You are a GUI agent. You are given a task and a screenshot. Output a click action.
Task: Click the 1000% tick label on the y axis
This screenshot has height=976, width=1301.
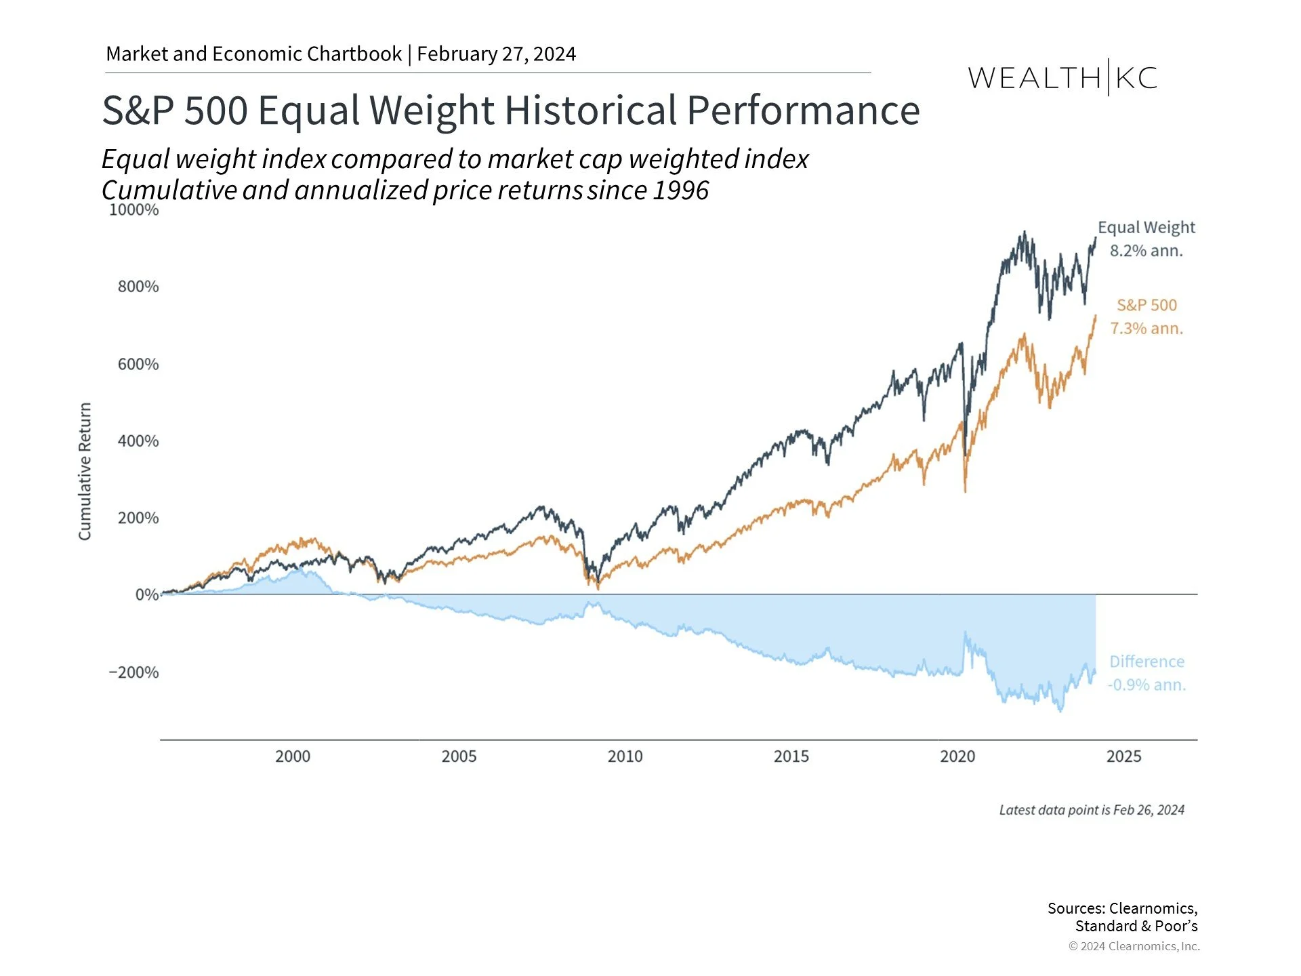pyautogui.click(x=133, y=210)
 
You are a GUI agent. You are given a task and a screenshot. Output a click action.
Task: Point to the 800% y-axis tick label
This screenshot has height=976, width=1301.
pyautogui.click(x=138, y=287)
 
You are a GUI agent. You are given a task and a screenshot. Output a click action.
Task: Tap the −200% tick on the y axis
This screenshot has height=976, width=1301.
pyautogui.click(x=133, y=672)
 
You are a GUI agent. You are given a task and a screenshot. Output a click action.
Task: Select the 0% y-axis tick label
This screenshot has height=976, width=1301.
pyautogui.click(x=146, y=595)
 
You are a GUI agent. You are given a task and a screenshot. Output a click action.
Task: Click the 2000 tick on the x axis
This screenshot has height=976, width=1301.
pyautogui.click(x=293, y=756)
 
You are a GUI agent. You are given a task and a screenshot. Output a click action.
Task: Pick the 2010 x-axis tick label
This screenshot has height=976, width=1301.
pyautogui.click(x=625, y=756)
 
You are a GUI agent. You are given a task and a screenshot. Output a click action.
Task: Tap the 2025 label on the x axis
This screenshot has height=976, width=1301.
pyautogui.click(x=1123, y=756)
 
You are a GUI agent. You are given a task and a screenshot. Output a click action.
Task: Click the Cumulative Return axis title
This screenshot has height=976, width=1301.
pyautogui.click(x=85, y=472)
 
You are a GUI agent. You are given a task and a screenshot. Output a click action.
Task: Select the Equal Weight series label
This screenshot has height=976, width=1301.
pyautogui.click(x=1147, y=228)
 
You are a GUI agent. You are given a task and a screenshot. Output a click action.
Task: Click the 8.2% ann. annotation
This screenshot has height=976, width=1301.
pyautogui.click(x=1147, y=251)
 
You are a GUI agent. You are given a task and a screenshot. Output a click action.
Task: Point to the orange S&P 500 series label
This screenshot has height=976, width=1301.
pyautogui.click(x=1147, y=306)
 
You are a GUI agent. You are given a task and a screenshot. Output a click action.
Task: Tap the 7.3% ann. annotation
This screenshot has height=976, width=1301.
pyautogui.click(x=1147, y=329)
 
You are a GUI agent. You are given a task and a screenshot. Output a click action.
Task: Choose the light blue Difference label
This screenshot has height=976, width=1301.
pyautogui.click(x=1147, y=662)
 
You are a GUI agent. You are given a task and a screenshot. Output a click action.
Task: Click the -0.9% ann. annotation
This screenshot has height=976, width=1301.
pyautogui.click(x=1147, y=685)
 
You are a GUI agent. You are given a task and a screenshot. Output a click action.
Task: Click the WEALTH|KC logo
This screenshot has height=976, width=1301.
pyautogui.click(x=1062, y=78)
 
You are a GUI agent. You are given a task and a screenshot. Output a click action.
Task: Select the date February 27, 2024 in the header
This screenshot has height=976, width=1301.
pyautogui.click(x=496, y=54)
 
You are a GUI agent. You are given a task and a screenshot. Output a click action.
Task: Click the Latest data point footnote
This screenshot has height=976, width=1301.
pyautogui.click(x=1092, y=810)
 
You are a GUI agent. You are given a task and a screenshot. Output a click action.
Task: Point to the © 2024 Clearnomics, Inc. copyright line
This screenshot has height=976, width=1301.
pyautogui.click(x=1134, y=946)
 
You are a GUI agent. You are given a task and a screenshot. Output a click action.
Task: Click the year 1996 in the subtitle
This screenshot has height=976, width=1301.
pyautogui.click(x=680, y=190)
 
